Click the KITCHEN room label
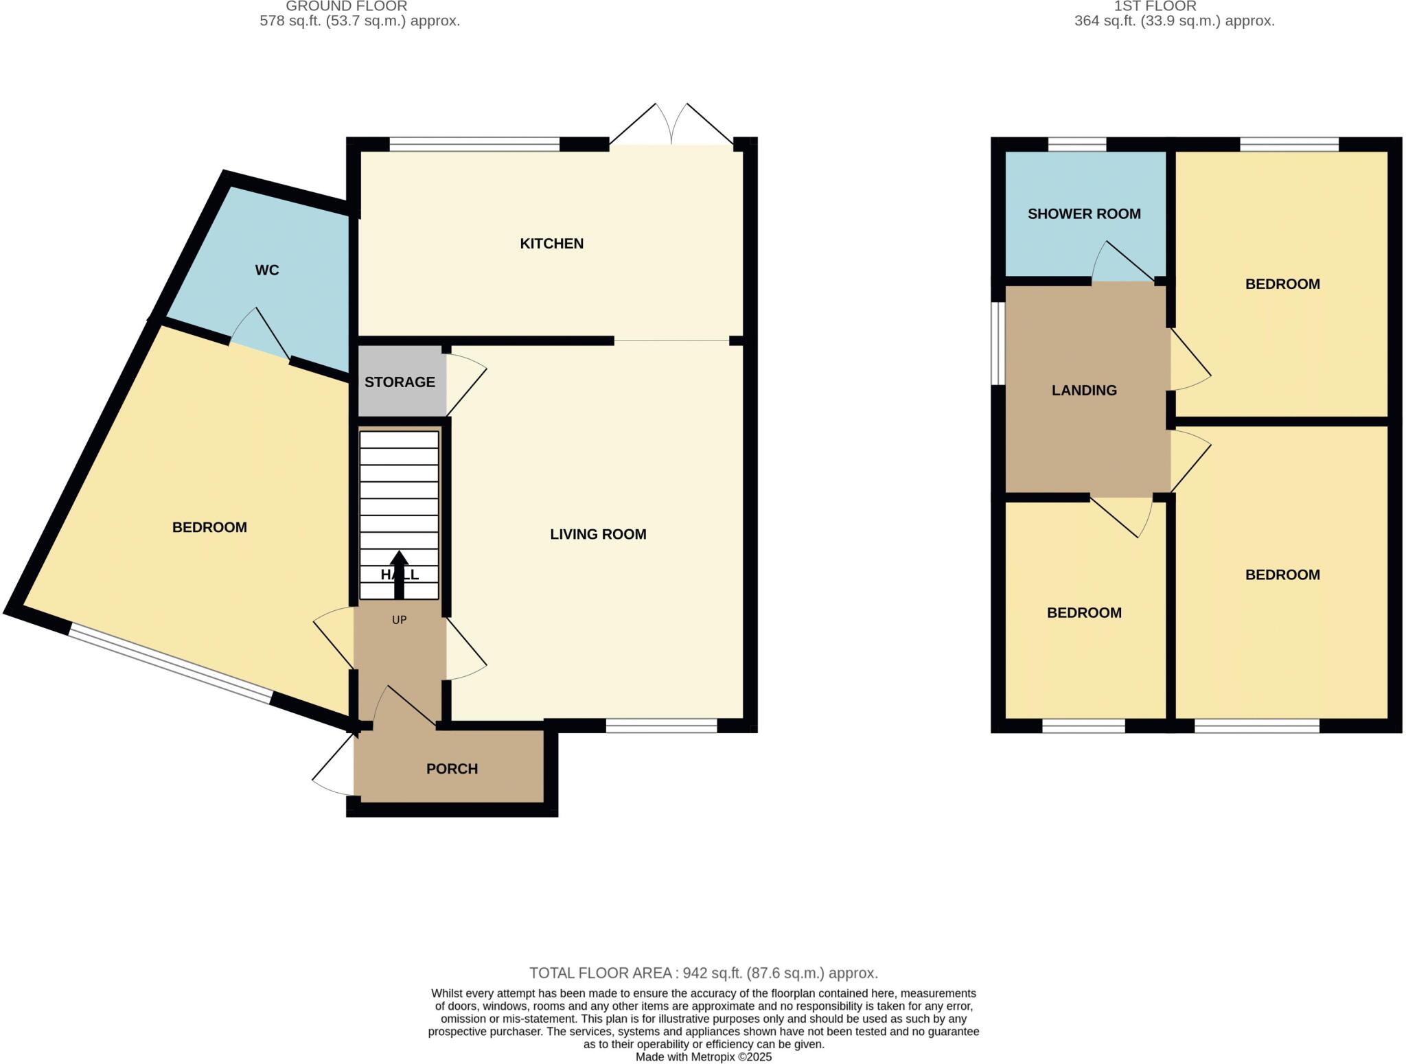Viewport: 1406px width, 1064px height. (x=551, y=244)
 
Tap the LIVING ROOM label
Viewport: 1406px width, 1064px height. (x=598, y=534)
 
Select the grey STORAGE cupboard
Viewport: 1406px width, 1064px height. (x=400, y=382)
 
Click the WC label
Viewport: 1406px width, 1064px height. (x=266, y=270)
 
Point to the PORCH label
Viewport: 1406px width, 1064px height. (x=452, y=769)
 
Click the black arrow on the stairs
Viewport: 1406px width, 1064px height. (x=399, y=574)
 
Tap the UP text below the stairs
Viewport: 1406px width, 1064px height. (x=399, y=620)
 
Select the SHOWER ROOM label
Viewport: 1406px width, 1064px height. (x=1084, y=214)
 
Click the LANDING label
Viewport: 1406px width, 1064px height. (x=1084, y=391)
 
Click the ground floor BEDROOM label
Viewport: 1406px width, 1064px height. (x=209, y=527)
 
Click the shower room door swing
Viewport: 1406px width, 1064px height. (x=1119, y=264)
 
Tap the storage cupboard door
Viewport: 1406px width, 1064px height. (x=466, y=384)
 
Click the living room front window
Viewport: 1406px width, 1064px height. (x=661, y=726)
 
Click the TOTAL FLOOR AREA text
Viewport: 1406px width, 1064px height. (x=703, y=973)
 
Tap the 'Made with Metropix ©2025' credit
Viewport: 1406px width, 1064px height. (x=703, y=1057)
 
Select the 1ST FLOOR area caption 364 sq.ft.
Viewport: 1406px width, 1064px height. (x=1174, y=21)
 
